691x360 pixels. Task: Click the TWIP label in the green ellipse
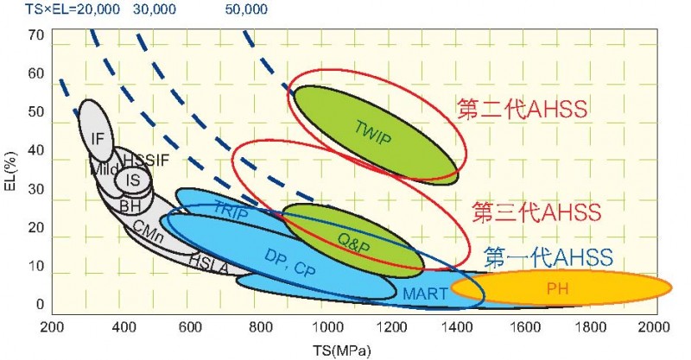click(372, 129)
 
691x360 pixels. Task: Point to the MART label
click(425, 294)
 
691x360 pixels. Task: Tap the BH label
click(130, 206)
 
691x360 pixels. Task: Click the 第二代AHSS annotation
click(522, 109)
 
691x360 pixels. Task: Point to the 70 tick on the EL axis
click(35, 36)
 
